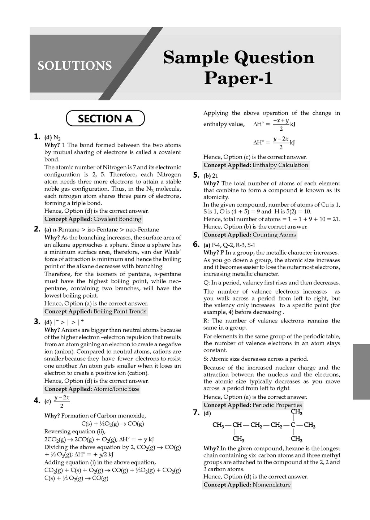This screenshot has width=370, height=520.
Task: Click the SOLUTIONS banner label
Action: [x=74, y=66]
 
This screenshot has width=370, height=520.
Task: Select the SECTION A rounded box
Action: [x=105, y=118]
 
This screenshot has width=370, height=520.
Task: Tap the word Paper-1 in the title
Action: [x=238, y=78]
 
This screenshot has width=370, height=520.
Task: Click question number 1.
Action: [x=36, y=136]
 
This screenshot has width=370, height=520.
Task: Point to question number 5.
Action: [x=196, y=175]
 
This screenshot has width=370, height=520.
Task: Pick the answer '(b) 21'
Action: [x=211, y=176]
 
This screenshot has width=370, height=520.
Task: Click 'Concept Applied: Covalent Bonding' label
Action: [x=93, y=219]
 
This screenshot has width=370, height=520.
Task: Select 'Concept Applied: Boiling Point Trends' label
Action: [x=95, y=311]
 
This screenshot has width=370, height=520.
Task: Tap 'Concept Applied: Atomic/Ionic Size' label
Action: [x=91, y=389]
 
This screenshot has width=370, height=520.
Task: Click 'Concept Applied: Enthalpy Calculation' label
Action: [x=256, y=165]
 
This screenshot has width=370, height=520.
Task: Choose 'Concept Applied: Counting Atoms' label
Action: [x=250, y=235]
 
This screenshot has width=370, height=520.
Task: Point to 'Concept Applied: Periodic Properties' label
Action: [x=253, y=405]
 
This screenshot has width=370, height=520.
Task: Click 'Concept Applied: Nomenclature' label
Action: [x=247, y=485]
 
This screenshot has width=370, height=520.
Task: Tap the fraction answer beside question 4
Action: [x=62, y=401]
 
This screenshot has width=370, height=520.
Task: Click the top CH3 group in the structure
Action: [x=296, y=412]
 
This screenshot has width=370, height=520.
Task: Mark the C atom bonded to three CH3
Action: [x=293, y=425]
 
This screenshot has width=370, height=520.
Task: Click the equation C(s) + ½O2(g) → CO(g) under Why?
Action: [x=112, y=424]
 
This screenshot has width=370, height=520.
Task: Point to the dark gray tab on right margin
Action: [x=361, y=372]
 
